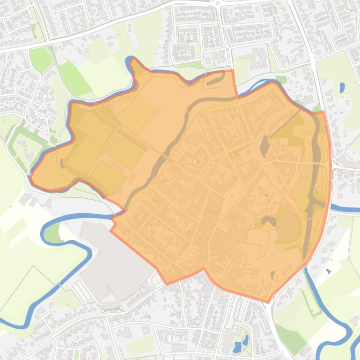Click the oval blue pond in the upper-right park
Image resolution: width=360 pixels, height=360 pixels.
[342, 87]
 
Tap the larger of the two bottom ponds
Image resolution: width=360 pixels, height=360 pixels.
[237, 347]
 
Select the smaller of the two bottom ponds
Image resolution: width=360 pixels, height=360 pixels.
[245, 338]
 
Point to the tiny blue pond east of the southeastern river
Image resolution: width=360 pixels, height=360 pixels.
[328, 271]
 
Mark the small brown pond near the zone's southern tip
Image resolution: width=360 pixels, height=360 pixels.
[273, 274]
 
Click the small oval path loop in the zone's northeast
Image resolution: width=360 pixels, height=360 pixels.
[307, 142]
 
